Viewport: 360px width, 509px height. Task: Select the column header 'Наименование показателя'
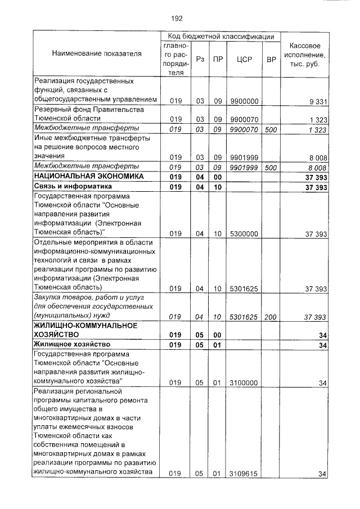click(97, 53)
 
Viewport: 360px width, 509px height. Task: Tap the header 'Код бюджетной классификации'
click(217, 36)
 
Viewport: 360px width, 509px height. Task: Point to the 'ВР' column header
click(271, 58)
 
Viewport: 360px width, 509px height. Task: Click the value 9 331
click(317, 101)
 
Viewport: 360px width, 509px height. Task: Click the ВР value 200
click(271, 317)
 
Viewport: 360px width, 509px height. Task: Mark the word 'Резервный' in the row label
click(52, 110)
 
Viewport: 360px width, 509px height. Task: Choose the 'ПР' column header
click(217, 58)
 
